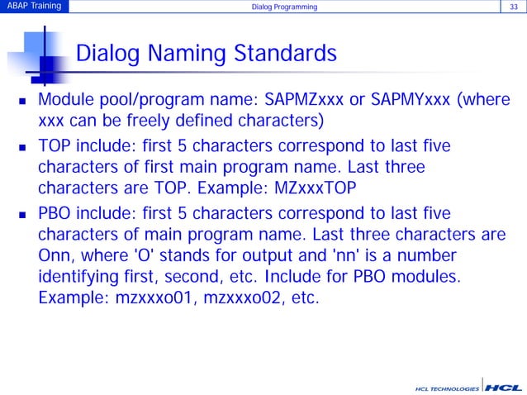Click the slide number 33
coord(512,7)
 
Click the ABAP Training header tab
coord(33,7)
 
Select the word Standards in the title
coord(287,55)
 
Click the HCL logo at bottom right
coord(503,386)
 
